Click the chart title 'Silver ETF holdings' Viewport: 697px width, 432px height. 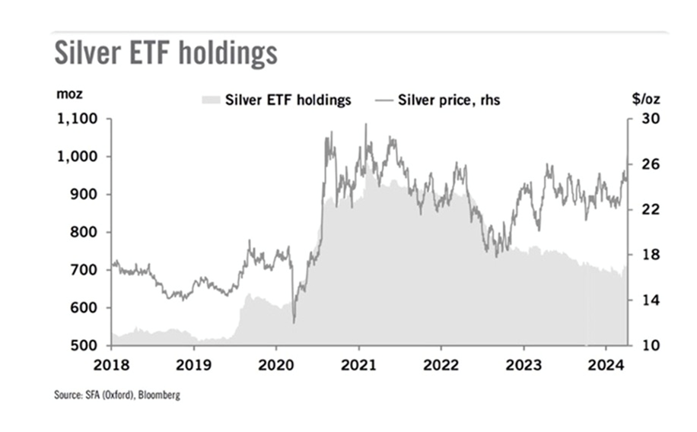(164, 54)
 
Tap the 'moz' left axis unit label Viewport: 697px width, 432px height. (68, 94)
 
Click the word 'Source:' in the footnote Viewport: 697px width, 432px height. (67, 395)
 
